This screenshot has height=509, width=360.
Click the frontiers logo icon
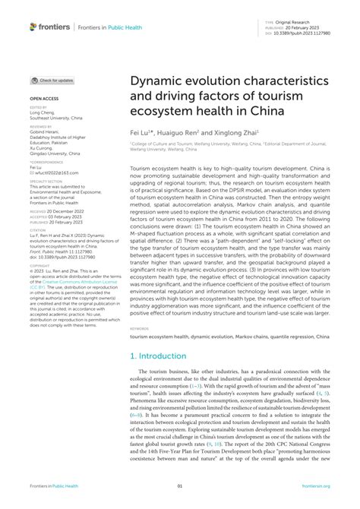pyautogui.click(x=34, y=27)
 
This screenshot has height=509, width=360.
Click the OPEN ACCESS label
pyautogui.click(x=42, y=99)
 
